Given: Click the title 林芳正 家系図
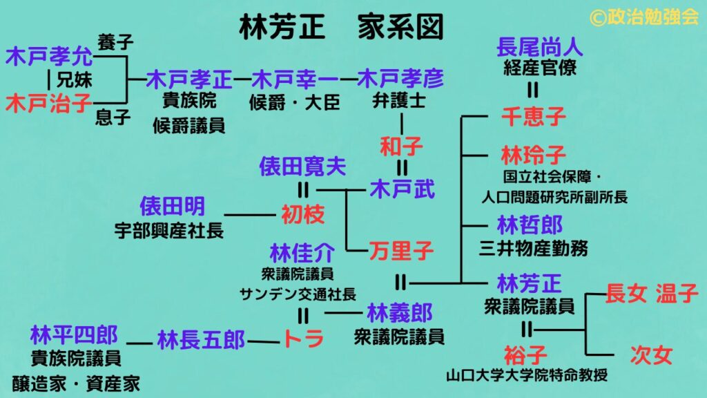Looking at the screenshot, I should point(340,28).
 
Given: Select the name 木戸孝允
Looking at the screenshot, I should point(48,57).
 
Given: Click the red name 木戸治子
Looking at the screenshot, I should point(48,104).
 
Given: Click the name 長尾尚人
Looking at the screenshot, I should point(540,48).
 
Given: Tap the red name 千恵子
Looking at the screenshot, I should point(533,117).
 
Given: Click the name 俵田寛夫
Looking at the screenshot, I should point(302,166).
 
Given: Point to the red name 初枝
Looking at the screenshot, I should point(302,215).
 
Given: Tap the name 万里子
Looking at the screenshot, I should point(401,251).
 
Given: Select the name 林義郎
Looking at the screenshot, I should point(400,312).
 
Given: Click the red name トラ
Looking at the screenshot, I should point(302,339).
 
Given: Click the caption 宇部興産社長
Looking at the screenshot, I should point(169,231).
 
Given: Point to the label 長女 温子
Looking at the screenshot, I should point(652,294).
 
